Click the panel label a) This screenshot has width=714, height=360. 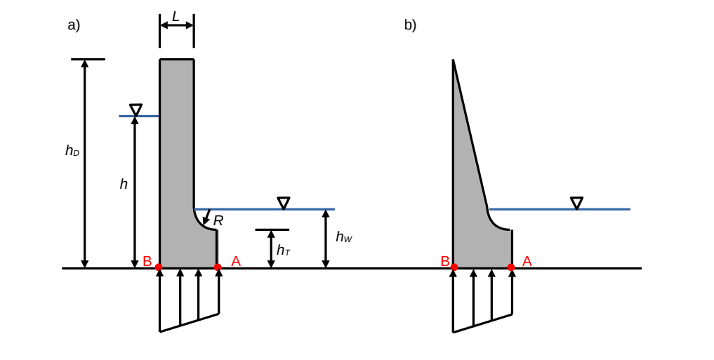pyautogui.click(x=74, y=25)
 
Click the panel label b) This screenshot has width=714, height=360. pyautogui.click(x=410, y=25)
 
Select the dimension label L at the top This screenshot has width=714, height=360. pyautogui.click(x=176, y=16)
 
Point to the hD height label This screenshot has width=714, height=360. pyautogui.click(x=72, y=150)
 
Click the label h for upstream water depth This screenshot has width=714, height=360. pyautogui.click(x=124, y=184)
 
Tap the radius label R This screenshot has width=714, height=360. pyautogui.click(x=218, y=220)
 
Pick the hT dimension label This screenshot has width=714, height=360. pyautogui.click(x=283, y=250)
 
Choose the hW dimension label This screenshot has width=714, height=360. pyautogui.click(x=343, y=237)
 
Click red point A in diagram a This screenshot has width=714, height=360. pyautogui.click(x=218, y=267)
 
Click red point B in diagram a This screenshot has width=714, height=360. pyautogui.click(x=159, y=267)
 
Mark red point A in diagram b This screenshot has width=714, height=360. pyautogui.click(x=511, y=267)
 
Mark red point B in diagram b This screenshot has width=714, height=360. pyautogui.click(x=454, y=267)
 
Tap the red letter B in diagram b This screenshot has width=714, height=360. pyautogui.click(x=444, y=261)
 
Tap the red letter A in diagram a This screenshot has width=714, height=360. pyautogui.click(x=236, y=261)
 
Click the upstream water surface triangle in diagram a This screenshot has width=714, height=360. pyautogui.click(x=135, y=109)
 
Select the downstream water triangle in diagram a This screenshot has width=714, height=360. pyautogui.click(x=284, y=203)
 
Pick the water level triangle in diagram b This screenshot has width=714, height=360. pyautogui.click(x=576, y=203)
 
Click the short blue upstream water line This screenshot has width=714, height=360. pyautogui.click(x=139, y=116)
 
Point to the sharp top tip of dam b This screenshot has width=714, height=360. pyautogui.click(x=453, y=60)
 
